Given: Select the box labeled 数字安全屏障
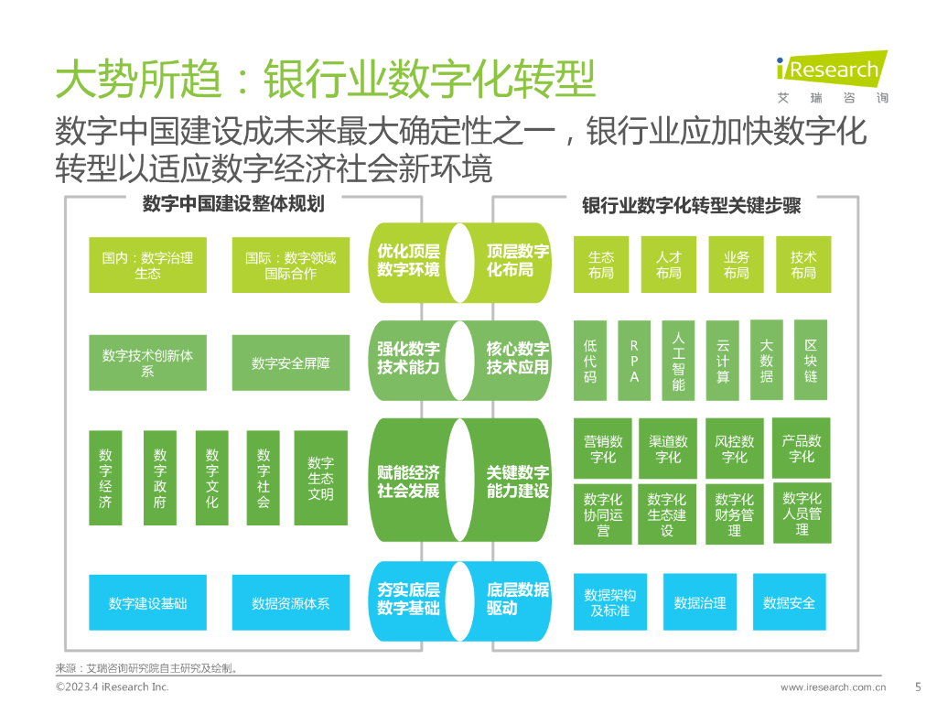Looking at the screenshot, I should click(290, 363).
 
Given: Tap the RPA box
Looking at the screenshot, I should click(634, 361).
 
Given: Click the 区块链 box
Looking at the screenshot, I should click(810, 361).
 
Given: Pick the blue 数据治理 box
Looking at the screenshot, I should click(700, 603).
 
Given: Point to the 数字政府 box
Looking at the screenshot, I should click(160, 478).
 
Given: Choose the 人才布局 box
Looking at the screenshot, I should click(669, 265).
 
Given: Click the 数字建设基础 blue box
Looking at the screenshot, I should click(147, 603).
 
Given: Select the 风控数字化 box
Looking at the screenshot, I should click(735, 449).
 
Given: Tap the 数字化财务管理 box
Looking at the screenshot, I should click(735, 514).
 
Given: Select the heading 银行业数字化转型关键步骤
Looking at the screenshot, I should click(692, 206).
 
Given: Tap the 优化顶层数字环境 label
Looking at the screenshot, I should click(408, 261).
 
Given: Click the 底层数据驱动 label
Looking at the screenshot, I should click(517, 599).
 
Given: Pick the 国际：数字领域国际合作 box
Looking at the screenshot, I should click(290, 265).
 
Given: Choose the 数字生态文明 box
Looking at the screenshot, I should click(320, 478).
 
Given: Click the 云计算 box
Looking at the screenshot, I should click(723, 361).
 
